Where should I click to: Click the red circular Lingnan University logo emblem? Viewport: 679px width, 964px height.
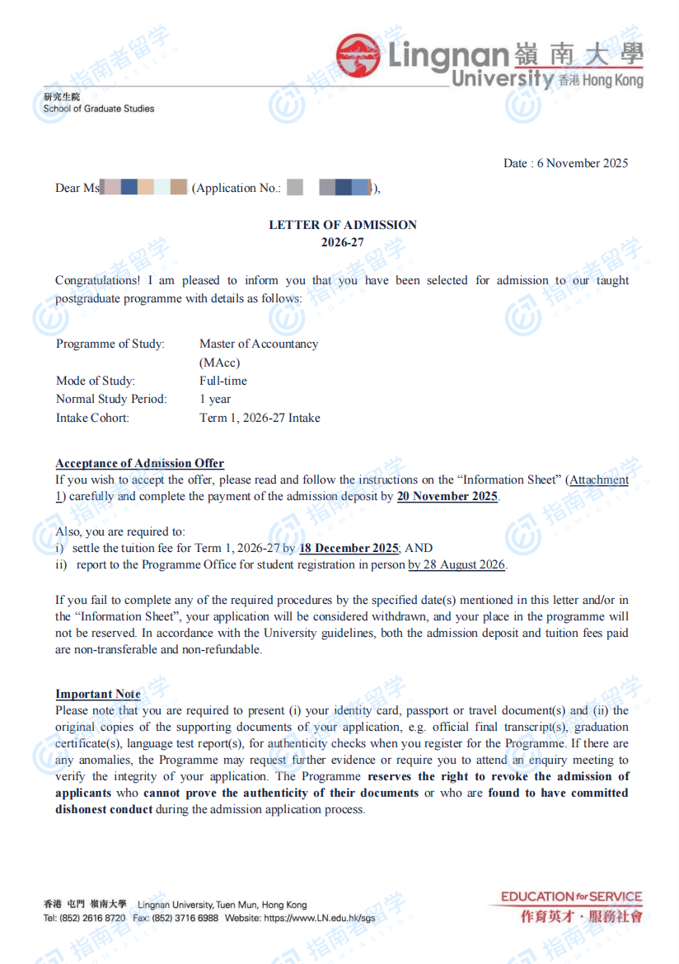358,56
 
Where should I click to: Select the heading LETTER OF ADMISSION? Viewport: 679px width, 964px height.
343,225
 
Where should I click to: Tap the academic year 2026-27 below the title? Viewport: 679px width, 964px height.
342,242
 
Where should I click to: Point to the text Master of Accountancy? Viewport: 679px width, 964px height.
259,344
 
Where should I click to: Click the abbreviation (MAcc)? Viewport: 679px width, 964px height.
220,362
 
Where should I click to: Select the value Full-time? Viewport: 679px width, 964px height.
223,381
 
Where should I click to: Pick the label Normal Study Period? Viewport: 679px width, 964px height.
111,399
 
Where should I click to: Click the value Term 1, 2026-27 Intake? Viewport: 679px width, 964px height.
260,418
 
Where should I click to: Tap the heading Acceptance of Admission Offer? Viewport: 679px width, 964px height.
140,463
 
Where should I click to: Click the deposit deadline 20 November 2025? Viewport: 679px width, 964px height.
447,496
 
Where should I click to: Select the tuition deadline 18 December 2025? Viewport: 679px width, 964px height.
349,548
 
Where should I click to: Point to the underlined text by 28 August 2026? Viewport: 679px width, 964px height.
457,565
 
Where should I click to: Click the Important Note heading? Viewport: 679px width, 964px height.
98,694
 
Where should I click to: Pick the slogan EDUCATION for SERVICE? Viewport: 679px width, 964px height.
571,896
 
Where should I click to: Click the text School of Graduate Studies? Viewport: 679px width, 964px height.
99,109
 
